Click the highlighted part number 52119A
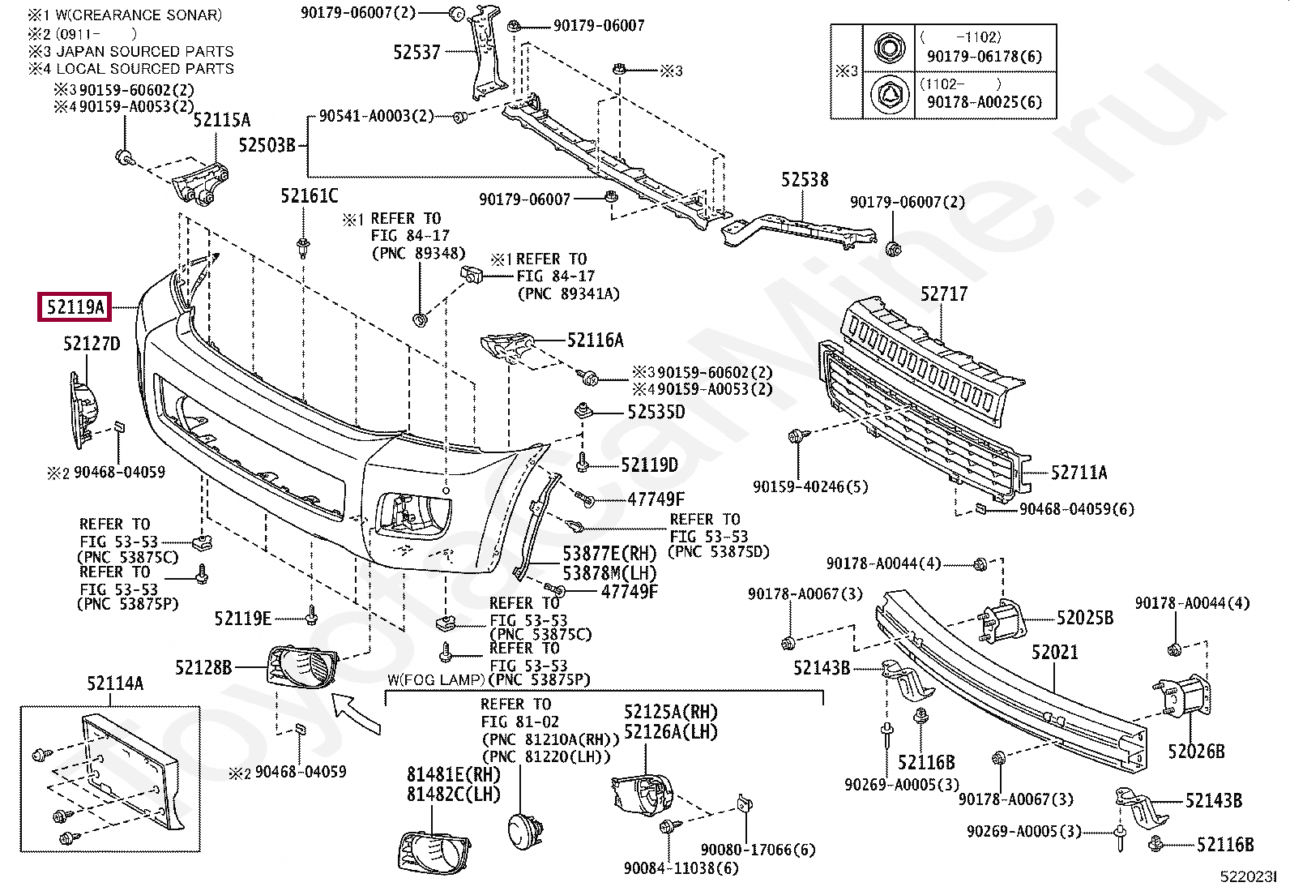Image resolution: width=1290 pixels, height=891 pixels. pos(75,306)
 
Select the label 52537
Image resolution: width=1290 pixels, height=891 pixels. pos(417,53)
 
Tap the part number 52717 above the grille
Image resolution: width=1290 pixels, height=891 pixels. pos(944,294)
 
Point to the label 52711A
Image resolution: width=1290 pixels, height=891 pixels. pos(1079,473)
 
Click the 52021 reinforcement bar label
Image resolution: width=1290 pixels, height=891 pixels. pos(1054,653)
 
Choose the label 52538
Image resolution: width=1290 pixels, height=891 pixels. pos(805,180)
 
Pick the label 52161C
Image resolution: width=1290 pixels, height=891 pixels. pos(310,196)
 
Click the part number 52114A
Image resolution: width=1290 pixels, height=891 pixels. pos(115,683)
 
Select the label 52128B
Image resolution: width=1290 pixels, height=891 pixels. pos(203,667)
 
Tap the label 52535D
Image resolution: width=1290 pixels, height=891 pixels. pos(656,412)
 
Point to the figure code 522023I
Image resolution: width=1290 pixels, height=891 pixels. pos(1248,876)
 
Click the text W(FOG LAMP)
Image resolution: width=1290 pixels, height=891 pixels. pos(435,680)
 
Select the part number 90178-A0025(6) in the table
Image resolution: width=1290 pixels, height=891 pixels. pos(985,102)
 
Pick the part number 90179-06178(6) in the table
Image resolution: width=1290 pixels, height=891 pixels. pos(985,56)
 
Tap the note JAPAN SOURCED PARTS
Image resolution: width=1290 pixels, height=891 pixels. pos(145,51)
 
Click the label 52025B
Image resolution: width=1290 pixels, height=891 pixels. pos(1085,618)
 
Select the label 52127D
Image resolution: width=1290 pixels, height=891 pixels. pos(92,344)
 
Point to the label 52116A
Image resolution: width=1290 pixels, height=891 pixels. pos(596,340)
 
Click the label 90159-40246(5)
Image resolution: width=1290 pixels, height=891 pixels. pos(810,487)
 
